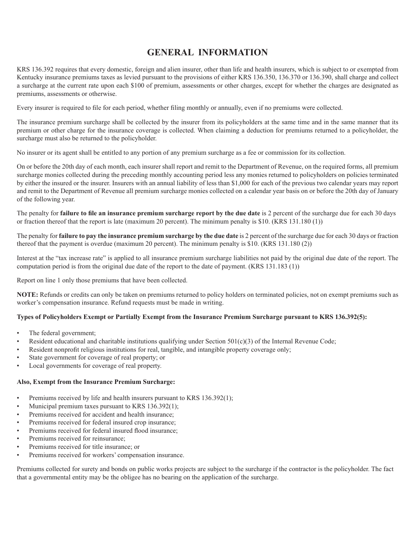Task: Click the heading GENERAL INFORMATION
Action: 207,53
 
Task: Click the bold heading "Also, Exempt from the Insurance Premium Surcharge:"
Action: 96,382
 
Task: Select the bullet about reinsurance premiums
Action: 77,439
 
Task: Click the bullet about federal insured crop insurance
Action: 102,422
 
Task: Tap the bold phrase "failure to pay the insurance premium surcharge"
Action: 148,236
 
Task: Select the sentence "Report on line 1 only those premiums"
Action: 102,280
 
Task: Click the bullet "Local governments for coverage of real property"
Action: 95,366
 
